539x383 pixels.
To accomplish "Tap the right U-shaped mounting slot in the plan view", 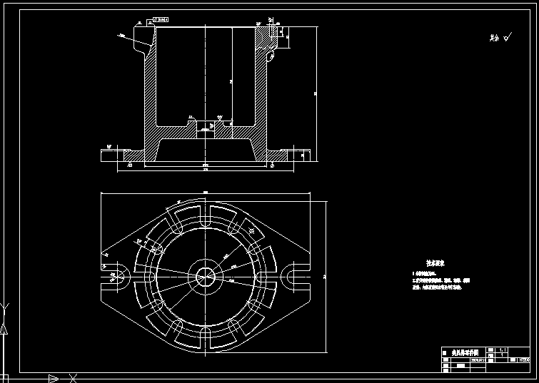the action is pos(296,275).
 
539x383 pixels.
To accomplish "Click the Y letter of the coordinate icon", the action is pos(6,309).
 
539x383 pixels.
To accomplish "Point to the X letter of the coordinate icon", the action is pos(72,377).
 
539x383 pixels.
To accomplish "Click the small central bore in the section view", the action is pos(205,128).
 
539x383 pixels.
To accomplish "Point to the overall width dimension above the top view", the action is pos(206,193).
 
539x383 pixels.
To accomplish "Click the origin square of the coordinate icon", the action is pos(5,377).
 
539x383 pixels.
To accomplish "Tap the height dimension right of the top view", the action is pos(325,275).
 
